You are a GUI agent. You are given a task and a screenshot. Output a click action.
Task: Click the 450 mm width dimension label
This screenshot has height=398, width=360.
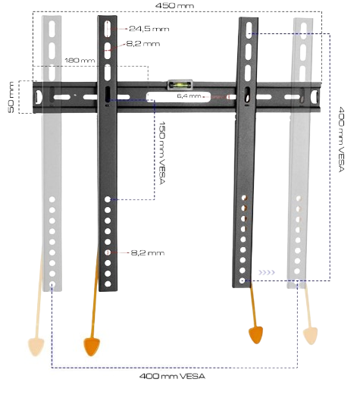tap(174, 5)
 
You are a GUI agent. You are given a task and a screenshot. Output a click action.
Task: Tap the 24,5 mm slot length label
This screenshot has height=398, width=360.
tap(149, 29)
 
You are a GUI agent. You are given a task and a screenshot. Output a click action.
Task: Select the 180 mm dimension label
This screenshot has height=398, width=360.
tap(80, 61)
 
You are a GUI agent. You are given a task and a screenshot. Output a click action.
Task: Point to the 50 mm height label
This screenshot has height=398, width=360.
tap(11, 97)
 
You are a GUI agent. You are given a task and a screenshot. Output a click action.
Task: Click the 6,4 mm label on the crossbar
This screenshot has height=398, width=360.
tap(189, 96)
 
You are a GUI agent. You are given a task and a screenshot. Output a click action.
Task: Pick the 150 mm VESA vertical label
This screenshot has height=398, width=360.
tap(162, 153)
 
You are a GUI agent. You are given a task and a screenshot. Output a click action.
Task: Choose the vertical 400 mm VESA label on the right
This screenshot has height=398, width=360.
tap(342, 139)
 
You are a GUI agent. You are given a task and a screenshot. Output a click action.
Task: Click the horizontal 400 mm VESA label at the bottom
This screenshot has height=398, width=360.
tap(172, 376)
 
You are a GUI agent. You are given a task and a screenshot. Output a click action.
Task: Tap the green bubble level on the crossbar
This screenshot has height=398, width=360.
tap(180, 85)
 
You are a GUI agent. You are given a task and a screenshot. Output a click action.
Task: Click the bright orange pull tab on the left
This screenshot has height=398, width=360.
tap(92, 346)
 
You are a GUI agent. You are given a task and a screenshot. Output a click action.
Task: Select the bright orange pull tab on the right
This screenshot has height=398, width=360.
tap(255, 335)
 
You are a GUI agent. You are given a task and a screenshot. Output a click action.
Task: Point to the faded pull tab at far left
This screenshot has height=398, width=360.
tap(36, 347)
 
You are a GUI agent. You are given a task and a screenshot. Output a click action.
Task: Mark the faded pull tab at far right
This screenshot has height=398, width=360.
tap(310, 336)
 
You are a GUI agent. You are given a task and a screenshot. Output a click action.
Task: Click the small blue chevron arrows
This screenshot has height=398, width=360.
tap(267, 272)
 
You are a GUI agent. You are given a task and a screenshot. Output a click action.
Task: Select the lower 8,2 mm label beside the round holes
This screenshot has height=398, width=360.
tap(148, 252)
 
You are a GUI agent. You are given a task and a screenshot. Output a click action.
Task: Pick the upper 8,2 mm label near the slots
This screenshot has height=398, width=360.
tap(143, 44)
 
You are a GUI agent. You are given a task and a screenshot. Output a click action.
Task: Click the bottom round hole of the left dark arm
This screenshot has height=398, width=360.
tap(108, 284)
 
